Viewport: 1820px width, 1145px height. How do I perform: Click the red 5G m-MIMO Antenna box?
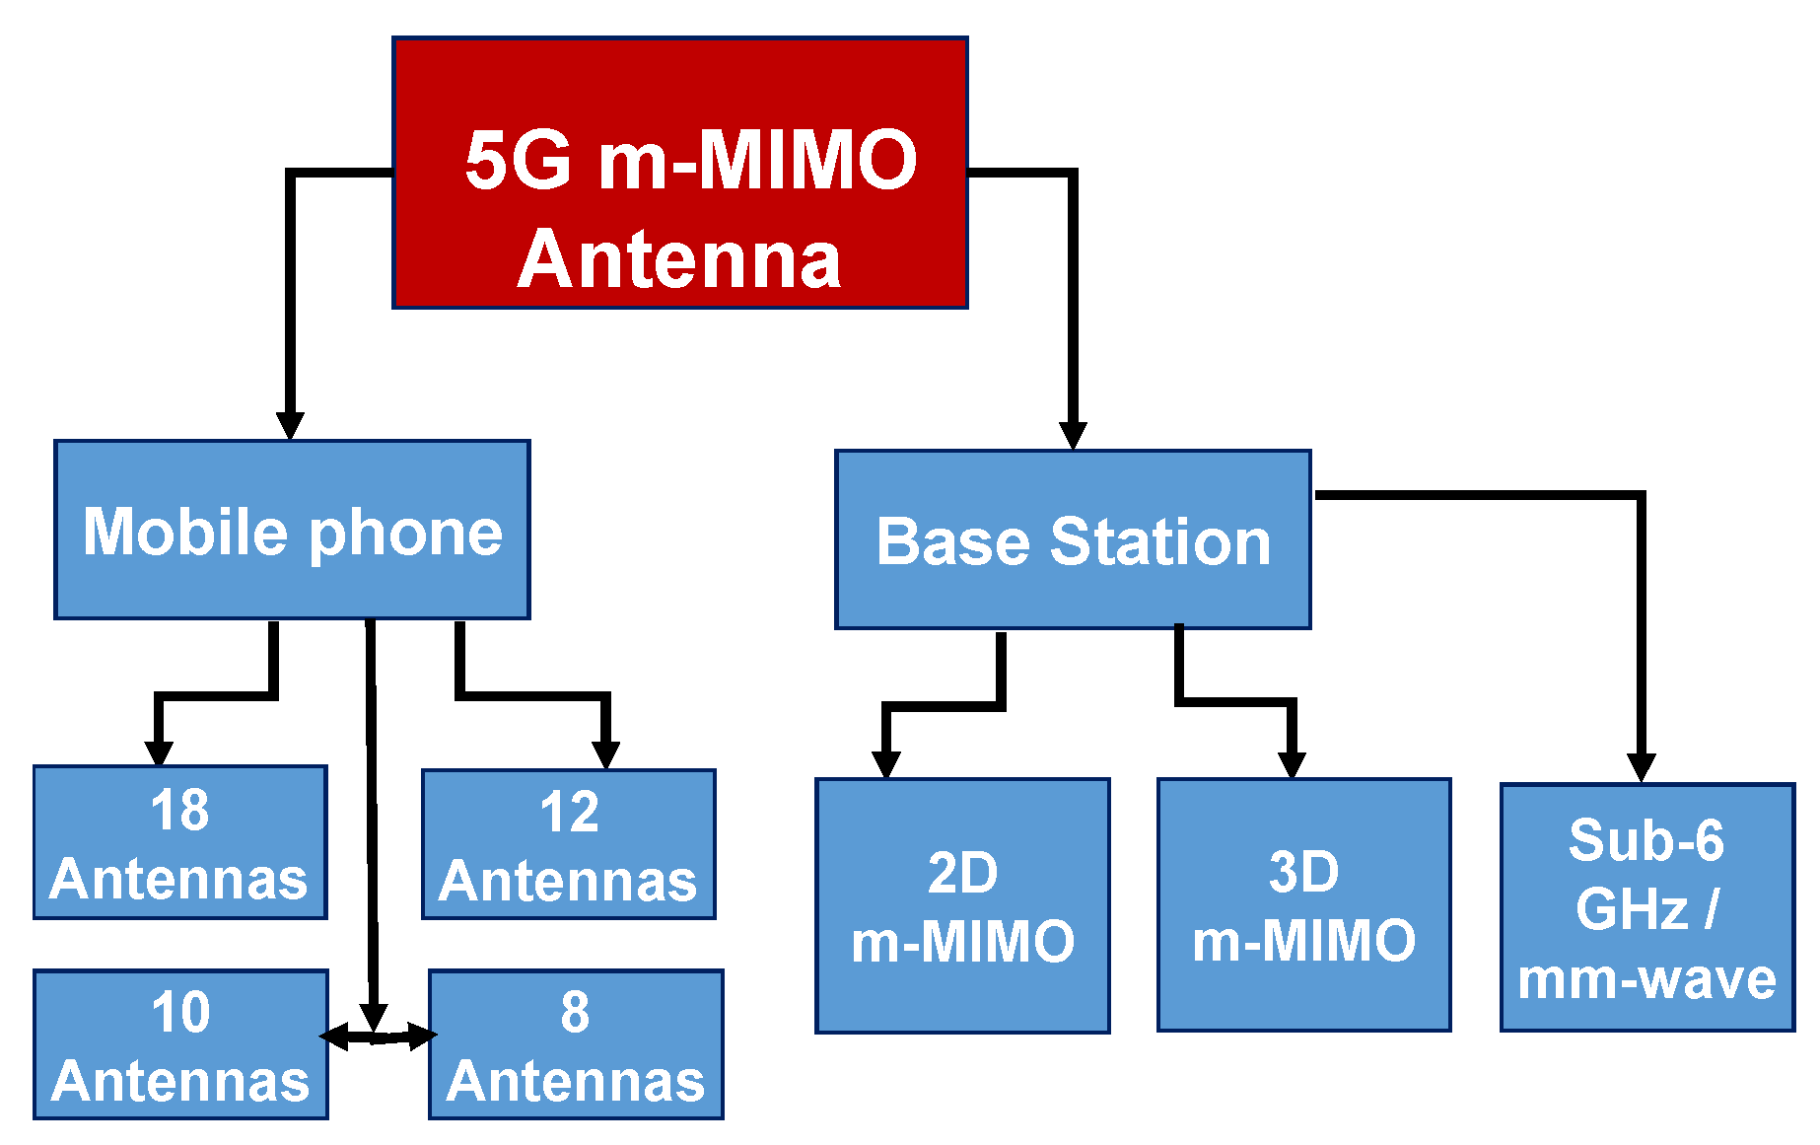pos(679,173)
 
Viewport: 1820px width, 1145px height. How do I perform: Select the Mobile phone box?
pos(292,530)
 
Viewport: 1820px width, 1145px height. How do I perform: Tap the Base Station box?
pos(1073,539)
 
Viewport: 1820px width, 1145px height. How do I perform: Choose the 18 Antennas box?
pos(179,842)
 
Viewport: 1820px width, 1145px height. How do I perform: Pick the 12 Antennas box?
pos(569,844)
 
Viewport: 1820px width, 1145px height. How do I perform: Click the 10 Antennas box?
pos(180,1044)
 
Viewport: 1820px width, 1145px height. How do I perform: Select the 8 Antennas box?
pos(576,1044)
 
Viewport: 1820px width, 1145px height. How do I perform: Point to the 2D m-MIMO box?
pos(962,905)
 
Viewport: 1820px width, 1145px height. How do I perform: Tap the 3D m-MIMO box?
pos(1303,904)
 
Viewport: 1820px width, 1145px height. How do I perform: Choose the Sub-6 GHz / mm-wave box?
pos(1646,907)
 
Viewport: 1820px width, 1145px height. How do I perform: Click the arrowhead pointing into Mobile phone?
pos(290,425)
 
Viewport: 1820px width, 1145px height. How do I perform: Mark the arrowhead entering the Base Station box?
pos(1073,435)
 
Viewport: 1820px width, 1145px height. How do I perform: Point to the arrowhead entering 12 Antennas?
pos(606,754)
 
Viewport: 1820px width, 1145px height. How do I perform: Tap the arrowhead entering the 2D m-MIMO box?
pos(886,764)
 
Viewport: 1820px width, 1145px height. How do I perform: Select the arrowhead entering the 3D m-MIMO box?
pos(1292,764)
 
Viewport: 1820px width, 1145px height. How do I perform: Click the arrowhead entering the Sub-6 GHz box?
pos(1641,767)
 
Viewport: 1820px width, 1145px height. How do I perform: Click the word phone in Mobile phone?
pos(406,534)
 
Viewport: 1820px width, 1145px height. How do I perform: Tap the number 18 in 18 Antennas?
pos(179,810)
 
